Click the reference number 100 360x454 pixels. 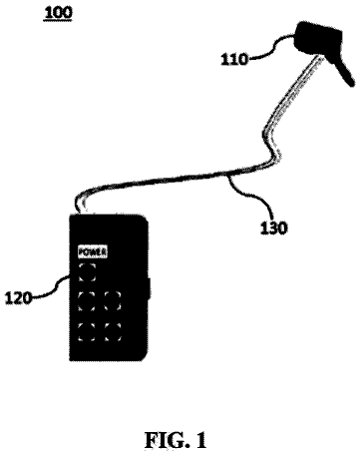coord(58,13)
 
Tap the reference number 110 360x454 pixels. coord(234,60)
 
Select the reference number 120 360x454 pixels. coord(18,298)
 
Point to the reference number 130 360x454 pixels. coord(273,228)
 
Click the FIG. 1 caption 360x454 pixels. coord(176,440)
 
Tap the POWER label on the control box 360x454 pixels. coord(93,251)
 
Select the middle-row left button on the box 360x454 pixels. coord(87,301)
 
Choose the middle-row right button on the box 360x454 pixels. coord(113,301)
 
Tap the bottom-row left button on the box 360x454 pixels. coord(87,332)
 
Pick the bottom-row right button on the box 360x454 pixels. coord(113,332)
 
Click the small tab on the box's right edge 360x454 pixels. coord(149,287)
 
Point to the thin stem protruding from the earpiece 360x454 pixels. coord(344,71)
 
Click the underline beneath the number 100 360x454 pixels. coord(58,20)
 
